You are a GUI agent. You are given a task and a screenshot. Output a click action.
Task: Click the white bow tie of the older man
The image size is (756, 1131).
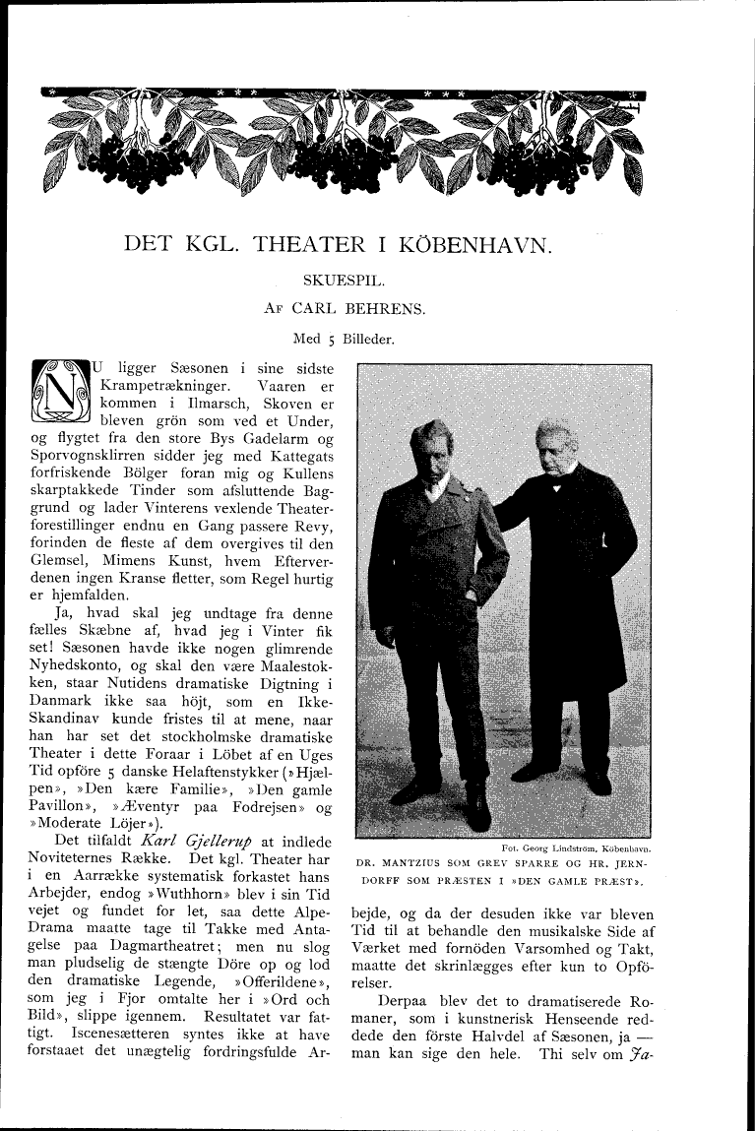coord(555,485)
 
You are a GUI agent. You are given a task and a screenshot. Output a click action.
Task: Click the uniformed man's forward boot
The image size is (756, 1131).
coord(476,811)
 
